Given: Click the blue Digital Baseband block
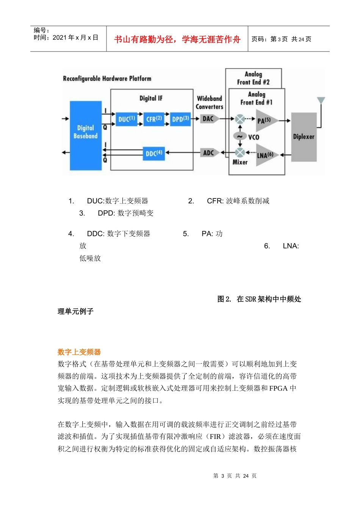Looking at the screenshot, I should click(x=86, y=135).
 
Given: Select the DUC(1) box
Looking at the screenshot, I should click(x=126, y=119).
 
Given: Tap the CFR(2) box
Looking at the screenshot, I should click(x=154, y=119).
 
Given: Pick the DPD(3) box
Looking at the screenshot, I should click(x=180, y=119).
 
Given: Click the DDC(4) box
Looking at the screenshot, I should click(x=154, y=153).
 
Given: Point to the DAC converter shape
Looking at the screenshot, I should click(x=209, y=119).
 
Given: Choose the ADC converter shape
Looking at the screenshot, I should click(x=209, y=153).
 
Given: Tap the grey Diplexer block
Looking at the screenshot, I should click(x=304, y=137).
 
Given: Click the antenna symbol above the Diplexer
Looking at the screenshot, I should click(x=321, y=100).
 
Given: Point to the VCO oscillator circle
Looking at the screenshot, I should click(x=240, y=137).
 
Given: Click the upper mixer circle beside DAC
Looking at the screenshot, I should click(x=240, y=119).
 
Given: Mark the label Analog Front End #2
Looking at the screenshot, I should click(x=253, y=78).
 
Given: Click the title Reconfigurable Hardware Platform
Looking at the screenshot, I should click(x=107, y=79).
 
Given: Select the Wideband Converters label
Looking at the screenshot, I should click(x=210, y=103).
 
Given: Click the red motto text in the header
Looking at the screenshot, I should click(x=177, y=39).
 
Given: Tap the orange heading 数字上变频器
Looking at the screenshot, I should click(x=79, y=352).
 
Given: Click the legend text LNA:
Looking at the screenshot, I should click(x=291, y=246).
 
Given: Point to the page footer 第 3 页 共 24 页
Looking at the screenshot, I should click(x=235, y=476).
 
